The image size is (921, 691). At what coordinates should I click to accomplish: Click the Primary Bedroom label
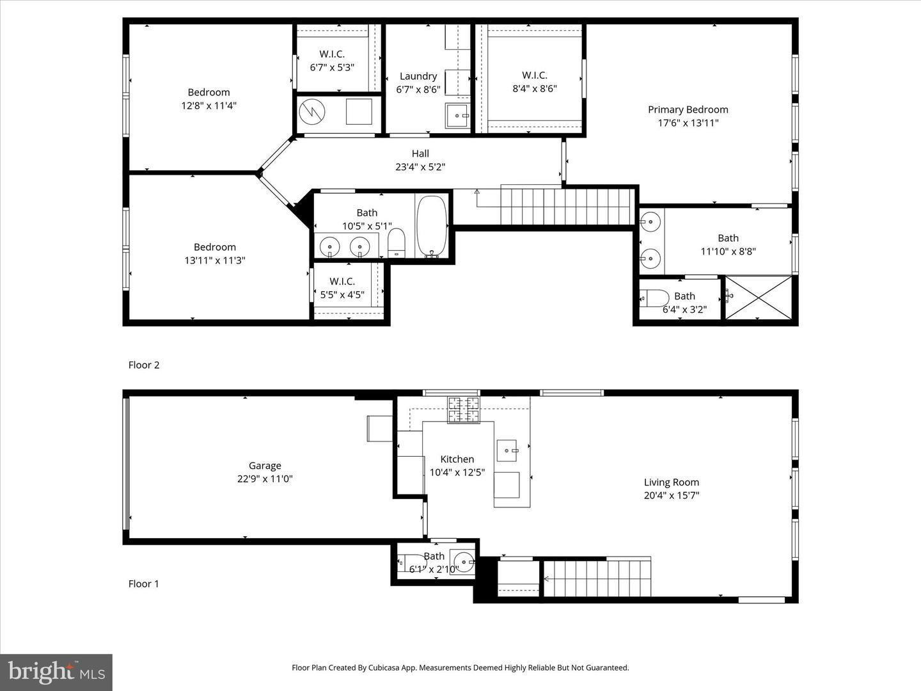688,109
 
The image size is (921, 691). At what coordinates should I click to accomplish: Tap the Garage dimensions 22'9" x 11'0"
265,479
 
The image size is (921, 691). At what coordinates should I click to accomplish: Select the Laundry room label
418,76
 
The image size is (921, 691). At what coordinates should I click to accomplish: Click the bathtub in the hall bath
432,226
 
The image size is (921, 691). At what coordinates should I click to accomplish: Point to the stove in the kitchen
464,409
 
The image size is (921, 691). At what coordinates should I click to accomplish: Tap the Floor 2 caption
144,365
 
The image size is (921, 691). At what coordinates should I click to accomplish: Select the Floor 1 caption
144,584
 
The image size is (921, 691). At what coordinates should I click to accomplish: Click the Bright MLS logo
56,672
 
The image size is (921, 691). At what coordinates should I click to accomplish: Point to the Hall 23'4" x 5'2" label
420,160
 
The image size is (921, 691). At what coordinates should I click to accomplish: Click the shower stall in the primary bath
758,297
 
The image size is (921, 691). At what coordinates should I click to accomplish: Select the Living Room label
671,482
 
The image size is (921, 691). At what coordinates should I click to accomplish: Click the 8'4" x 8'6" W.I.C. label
534,82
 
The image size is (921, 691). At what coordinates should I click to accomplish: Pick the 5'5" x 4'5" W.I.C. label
342,288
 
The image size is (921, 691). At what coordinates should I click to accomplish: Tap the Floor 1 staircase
596,578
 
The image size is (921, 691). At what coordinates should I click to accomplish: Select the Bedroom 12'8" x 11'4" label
209,99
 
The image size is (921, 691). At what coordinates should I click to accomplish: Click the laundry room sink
457,116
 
